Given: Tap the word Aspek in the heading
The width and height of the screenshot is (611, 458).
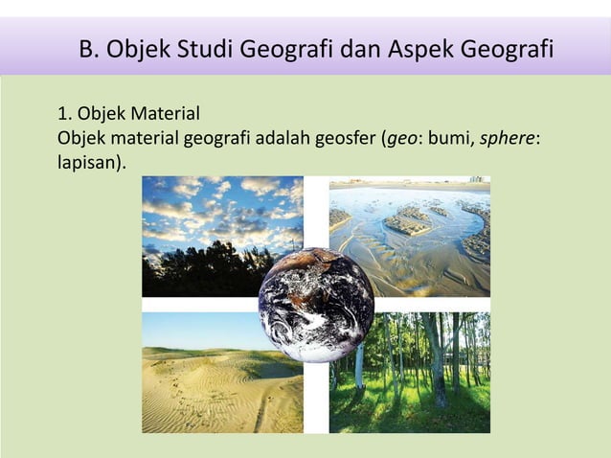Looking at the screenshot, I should point(423,48).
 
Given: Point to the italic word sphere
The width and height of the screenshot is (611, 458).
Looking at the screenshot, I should point(507,141).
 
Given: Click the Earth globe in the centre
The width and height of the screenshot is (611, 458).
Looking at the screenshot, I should point(316,305).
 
